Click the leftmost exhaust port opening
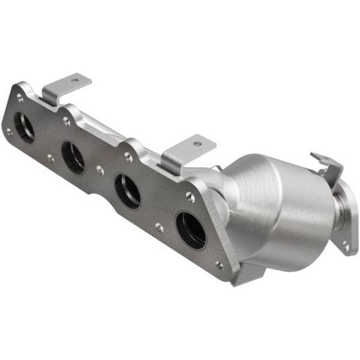coord(24,127)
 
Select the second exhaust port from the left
coord(73,158)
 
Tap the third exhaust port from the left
coord(127,191)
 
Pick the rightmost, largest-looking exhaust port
coord(191,229)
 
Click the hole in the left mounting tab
coord(74,80)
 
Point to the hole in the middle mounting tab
coord(197,144)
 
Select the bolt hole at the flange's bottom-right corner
coord(220,265)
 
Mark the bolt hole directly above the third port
coord(128,157)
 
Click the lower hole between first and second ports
coord(50,159)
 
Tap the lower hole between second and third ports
coord(100,170)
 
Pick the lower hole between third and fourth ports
coord(158,227)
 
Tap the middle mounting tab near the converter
coord(186,150)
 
